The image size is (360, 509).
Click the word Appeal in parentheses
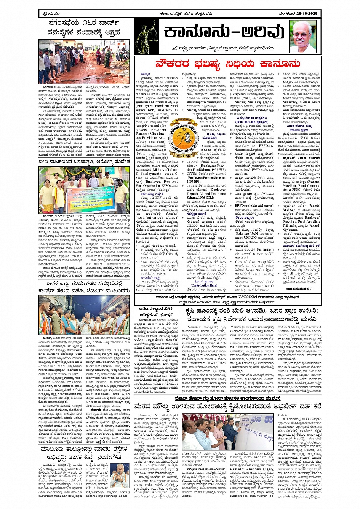[314, 225]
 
